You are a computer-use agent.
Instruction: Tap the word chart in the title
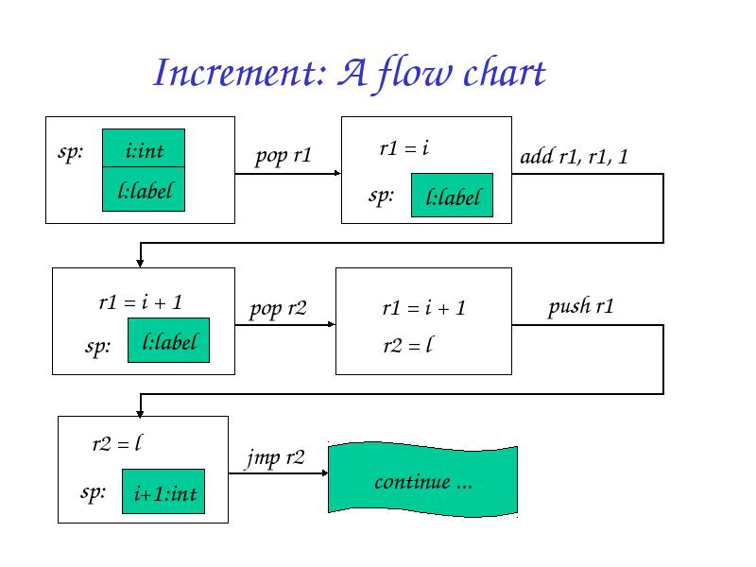coord(504,73)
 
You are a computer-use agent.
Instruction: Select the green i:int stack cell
coord(144,148)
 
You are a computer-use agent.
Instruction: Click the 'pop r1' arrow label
coord(283,156)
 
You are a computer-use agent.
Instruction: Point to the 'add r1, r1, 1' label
coord(574,156)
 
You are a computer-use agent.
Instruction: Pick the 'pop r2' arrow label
coord(278,309)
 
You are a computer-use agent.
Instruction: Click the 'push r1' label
coord(580,306)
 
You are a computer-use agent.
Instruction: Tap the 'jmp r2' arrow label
coord(275,457)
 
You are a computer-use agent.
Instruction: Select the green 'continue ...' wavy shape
coord(422,480)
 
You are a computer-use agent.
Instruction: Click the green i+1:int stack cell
coord(163,491)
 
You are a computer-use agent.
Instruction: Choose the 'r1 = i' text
coord(404,148)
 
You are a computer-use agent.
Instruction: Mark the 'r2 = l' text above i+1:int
coord(117,443)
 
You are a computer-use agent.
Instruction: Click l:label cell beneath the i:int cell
coord(144,189)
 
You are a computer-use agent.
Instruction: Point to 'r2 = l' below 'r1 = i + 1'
coord(408,345)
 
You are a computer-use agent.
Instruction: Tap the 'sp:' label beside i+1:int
coord(93,492)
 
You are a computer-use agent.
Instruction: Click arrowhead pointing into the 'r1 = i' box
coord(338,173)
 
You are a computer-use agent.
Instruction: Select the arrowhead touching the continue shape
coord(325,473)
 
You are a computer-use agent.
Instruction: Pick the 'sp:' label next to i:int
coord(70,152)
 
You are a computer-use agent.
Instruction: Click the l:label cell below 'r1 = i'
coord(453,196)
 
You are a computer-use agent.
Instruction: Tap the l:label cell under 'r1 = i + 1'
coord(169,340)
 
